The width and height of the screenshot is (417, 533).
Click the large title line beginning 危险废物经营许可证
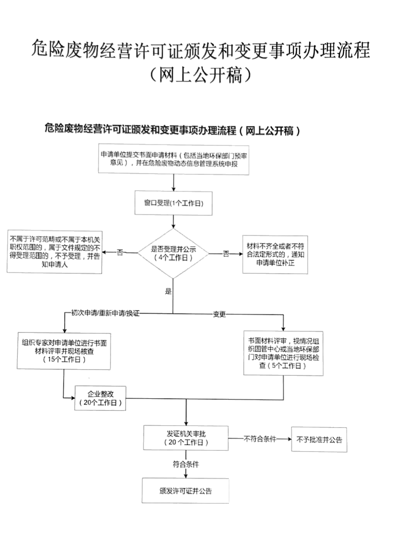coord(201,49)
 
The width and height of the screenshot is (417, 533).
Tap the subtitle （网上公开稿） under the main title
coord(201,75)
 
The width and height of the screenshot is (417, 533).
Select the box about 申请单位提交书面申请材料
coord(173,159)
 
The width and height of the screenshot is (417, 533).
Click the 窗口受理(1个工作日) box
coord(173,203)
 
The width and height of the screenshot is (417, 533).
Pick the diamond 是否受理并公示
coord(173,253)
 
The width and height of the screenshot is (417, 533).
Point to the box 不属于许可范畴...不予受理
coord(54,252)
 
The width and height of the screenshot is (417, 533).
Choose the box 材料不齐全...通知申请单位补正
coord(275,255)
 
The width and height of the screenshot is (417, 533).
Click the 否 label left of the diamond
coord(120,253)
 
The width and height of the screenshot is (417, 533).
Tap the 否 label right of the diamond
coord(226,254)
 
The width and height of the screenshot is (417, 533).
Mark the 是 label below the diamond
coord(168,291)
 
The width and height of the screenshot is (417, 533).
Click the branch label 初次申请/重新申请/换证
coord(105,313)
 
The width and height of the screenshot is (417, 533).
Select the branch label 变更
coord(219,314)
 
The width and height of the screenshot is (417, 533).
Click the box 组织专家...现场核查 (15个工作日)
coord(64,351)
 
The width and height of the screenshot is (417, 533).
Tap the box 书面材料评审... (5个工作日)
coord(283,353)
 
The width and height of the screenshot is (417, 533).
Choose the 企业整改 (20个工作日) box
coord(100,398)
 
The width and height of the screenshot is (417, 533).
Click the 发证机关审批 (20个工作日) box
coord(186,438)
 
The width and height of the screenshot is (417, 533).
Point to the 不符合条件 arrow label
coord(260,439)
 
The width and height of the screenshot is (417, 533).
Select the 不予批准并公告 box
coord(319,440)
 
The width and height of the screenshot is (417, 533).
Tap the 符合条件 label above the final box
coord(186,464)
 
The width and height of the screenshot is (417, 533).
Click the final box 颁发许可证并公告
coord(185,491)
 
